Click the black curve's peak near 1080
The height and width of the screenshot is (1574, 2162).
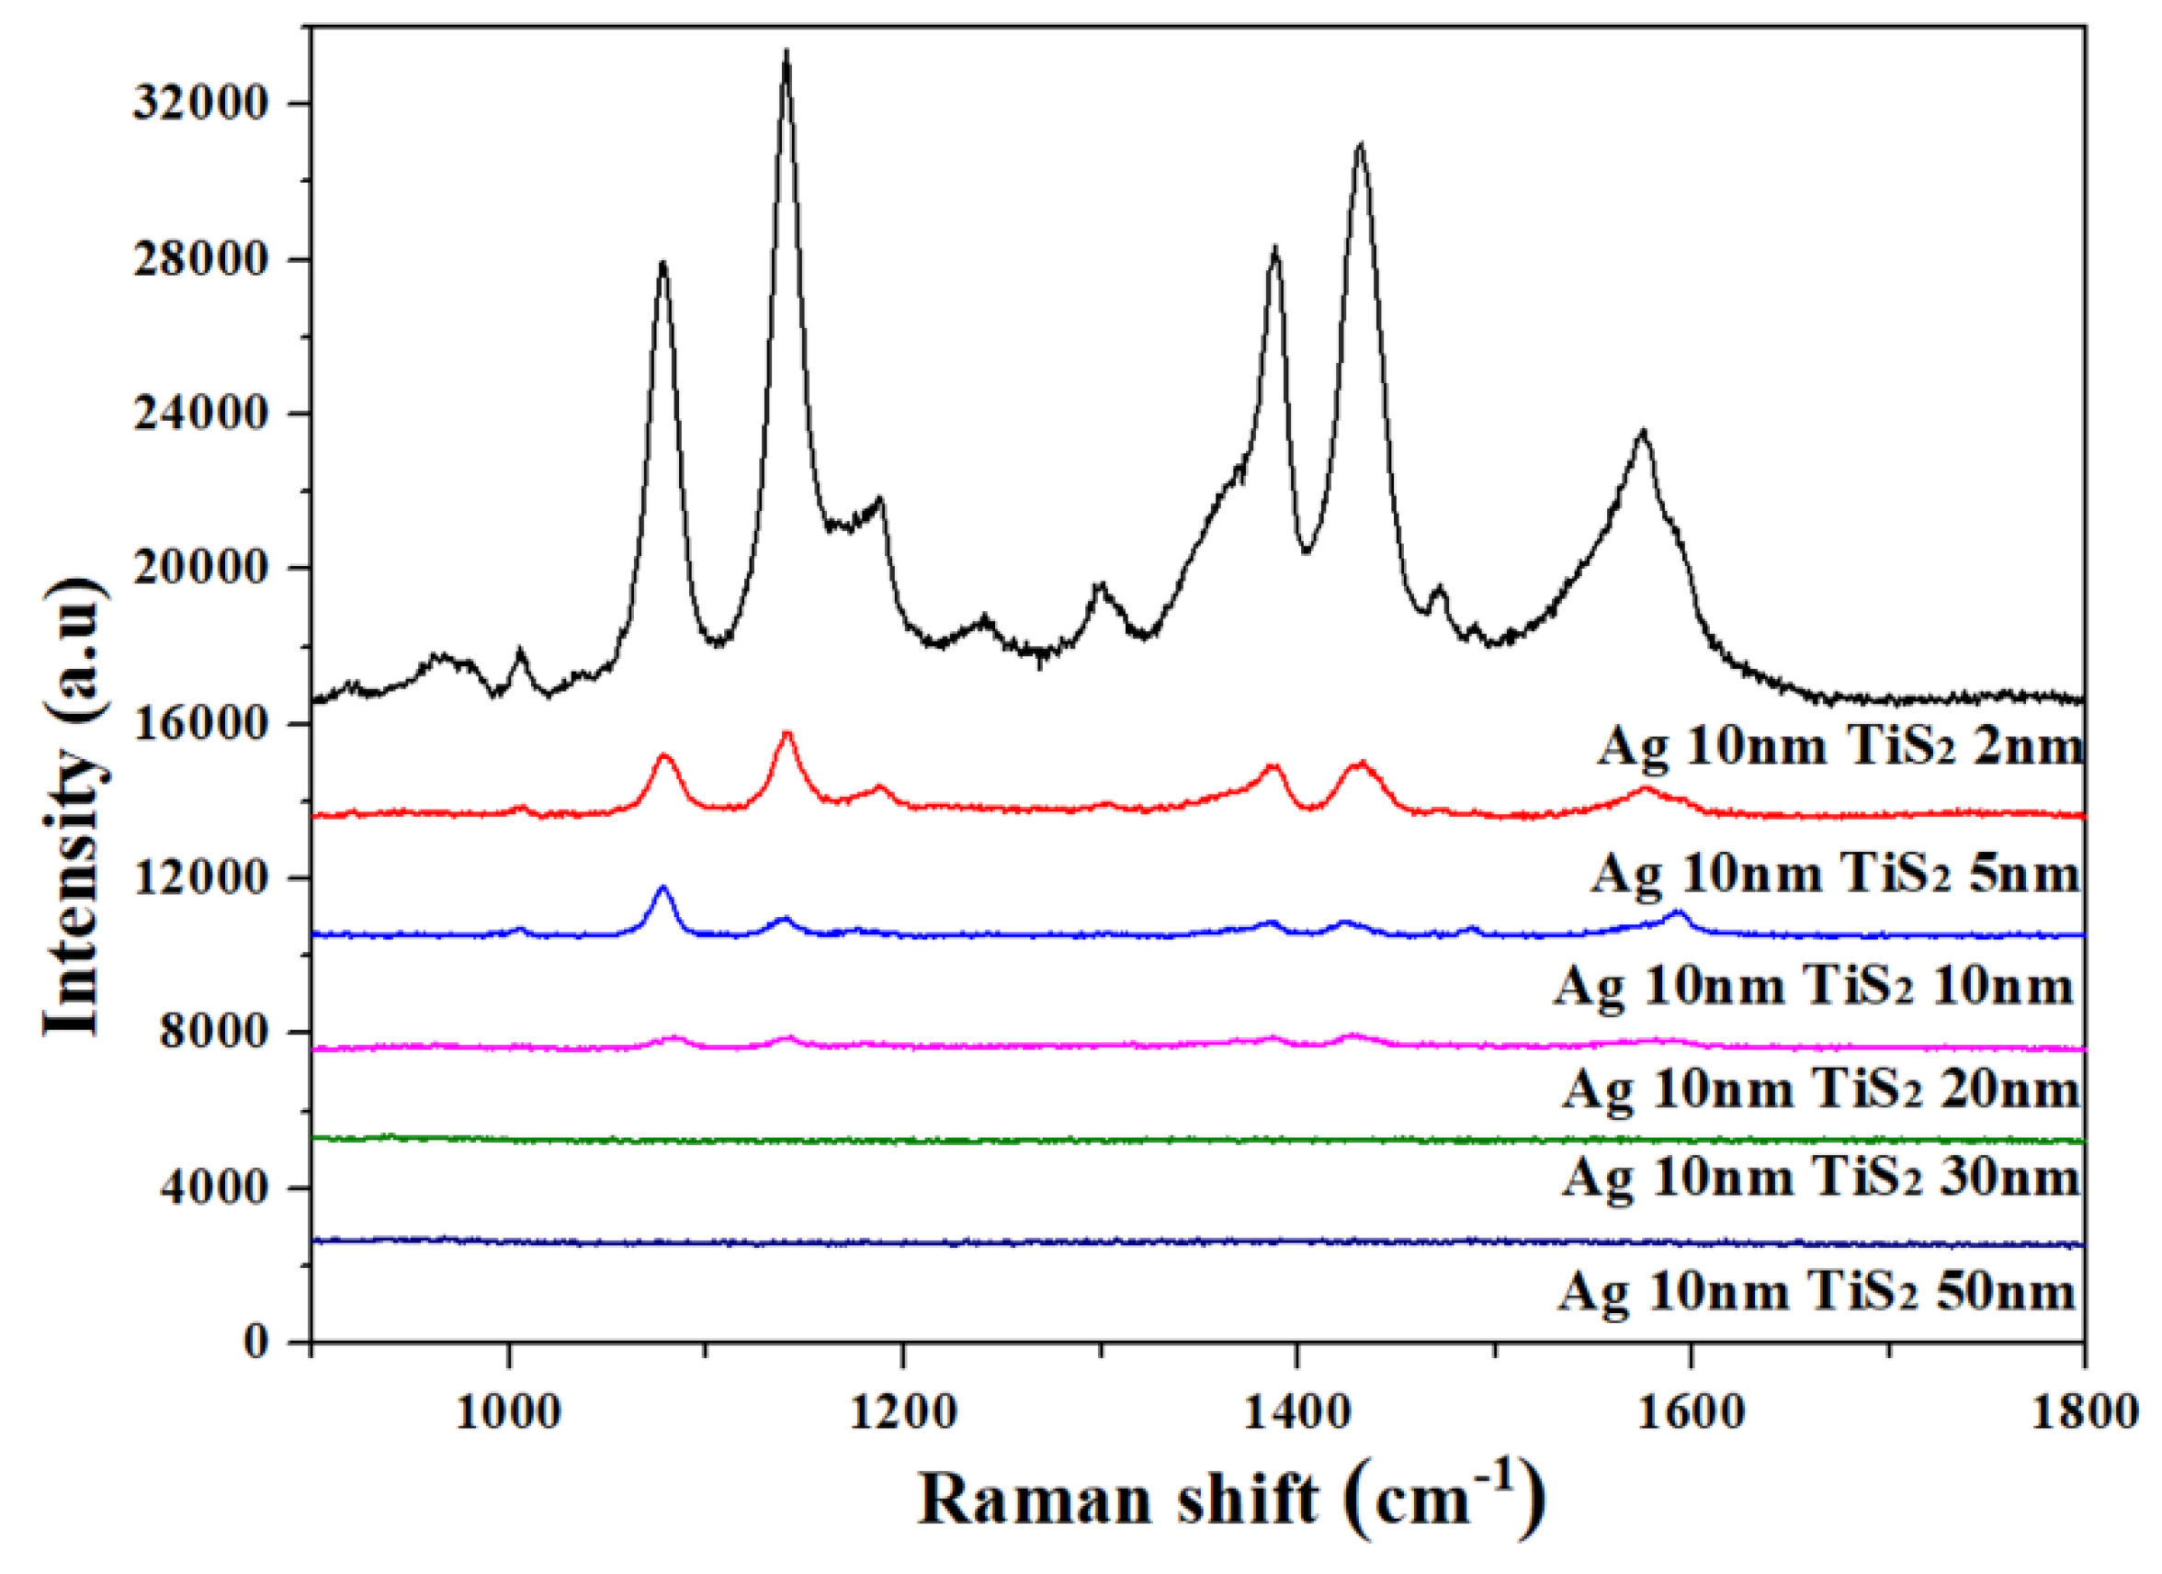coord(662,265)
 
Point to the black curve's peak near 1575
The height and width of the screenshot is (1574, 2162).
coord(1642,432)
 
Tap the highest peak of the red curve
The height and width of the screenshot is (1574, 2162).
coord(787,733)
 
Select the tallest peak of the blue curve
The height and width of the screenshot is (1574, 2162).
coord(663,888)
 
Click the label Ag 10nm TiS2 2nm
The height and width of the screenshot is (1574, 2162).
coord(1839,746)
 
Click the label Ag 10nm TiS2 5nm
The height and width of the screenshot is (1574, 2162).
coord(1834,872)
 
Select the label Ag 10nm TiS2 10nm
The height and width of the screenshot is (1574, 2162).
coord(1815,986)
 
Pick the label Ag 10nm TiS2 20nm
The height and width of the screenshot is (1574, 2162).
coord(1821,1090)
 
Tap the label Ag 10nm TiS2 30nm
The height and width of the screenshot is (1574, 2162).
coord(1821,1177)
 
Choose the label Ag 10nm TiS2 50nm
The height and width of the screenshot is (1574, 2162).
coord(1817,1293)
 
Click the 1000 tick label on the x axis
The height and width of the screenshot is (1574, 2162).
coord(508,1412)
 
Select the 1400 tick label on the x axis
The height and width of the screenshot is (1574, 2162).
coord(1296,1412)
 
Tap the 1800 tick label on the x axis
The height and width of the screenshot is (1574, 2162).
coord(2084,1412)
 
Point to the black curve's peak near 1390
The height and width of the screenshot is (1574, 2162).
coord(1274,250)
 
